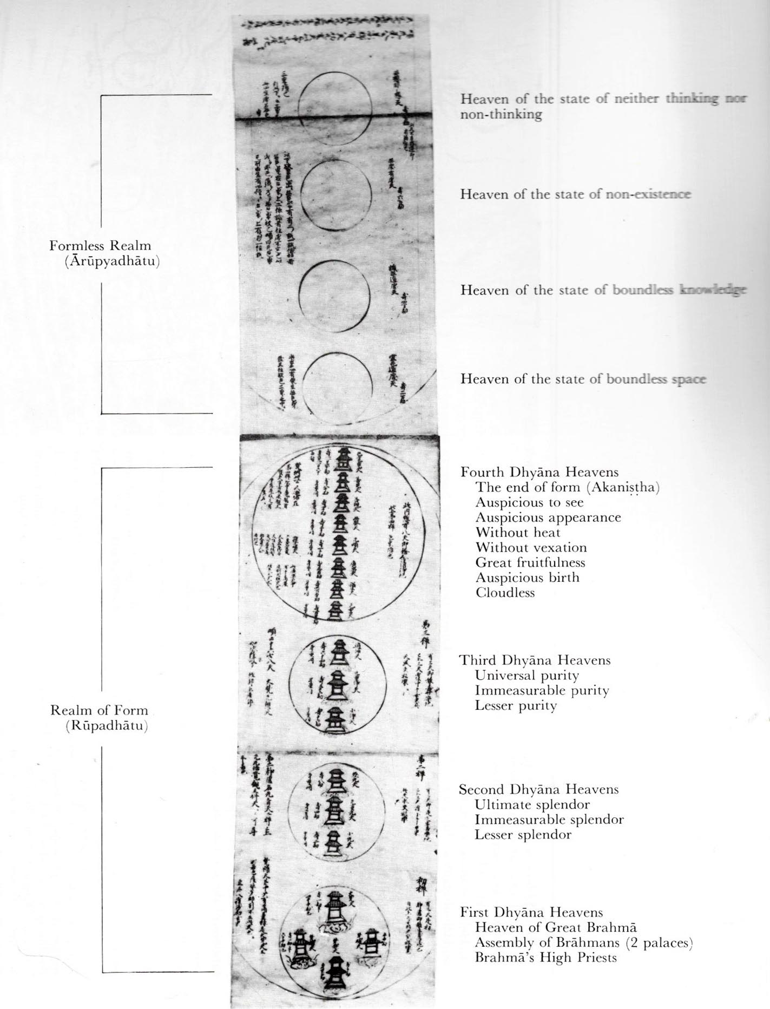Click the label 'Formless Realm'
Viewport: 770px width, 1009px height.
point(100,246)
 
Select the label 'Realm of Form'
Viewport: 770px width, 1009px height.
point(99,710)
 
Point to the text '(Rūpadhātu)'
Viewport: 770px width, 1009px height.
point(107,726)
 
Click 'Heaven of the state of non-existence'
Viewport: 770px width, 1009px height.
point(575,194)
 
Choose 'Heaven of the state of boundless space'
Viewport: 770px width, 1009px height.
point(583,379)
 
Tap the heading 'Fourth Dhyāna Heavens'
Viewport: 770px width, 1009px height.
point(539,472)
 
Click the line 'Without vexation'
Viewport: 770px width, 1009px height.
point(531,547)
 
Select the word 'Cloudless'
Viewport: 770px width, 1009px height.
point(505,593)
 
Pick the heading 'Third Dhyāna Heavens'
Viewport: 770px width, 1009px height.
point(535,660)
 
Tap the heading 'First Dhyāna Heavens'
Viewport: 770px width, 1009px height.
point(531,912)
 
